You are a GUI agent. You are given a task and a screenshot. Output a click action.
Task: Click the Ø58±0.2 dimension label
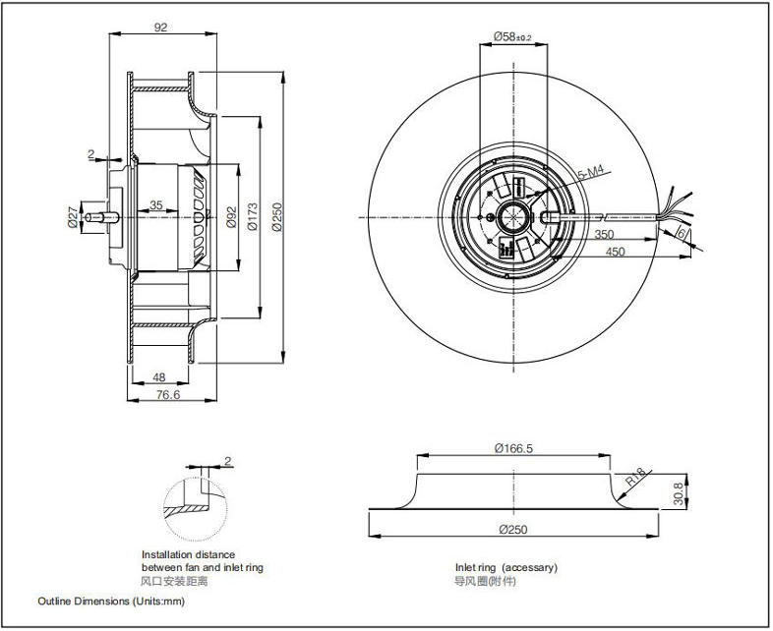click(x=512, y=36)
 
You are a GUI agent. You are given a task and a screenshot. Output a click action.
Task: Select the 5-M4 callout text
click(x=591, y=172)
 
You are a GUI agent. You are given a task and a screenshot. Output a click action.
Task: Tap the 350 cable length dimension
click(x=604, y=234)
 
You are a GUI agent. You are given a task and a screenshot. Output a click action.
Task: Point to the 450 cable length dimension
click(x=616, y=252)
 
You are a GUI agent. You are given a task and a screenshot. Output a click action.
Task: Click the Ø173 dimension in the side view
click(x=253, y=217)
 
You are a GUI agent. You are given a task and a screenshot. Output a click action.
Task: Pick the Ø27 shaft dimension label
click(x=73, y=217)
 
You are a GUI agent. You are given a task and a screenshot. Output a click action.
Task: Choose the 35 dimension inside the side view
click(x=156, y=204)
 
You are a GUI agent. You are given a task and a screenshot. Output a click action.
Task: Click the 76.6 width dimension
click(x=168, y=394)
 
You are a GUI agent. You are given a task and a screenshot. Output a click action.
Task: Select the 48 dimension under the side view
click(x=158, y=377)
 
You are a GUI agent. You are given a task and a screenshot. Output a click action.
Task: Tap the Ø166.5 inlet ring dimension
click(x=513, y=448)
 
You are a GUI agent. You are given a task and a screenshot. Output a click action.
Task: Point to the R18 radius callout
click(x=636, y=477)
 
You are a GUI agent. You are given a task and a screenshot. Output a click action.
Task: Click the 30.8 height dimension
click(x=679, y=493)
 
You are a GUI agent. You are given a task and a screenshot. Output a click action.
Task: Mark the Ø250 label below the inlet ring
click(x=513, y=530)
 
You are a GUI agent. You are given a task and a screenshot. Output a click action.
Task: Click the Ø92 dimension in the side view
click(x=231, y=217)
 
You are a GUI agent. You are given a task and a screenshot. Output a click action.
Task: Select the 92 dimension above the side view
click(x=160, y=28)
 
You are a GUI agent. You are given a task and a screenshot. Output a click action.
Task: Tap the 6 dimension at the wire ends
click(x=681, y=233)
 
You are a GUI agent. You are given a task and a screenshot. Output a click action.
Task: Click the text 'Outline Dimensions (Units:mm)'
click(x=111, y=601)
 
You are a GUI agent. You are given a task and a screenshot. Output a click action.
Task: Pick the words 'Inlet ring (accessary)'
click(x=505, y=567)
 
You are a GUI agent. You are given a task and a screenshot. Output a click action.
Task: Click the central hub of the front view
click(x=513, y=217)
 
